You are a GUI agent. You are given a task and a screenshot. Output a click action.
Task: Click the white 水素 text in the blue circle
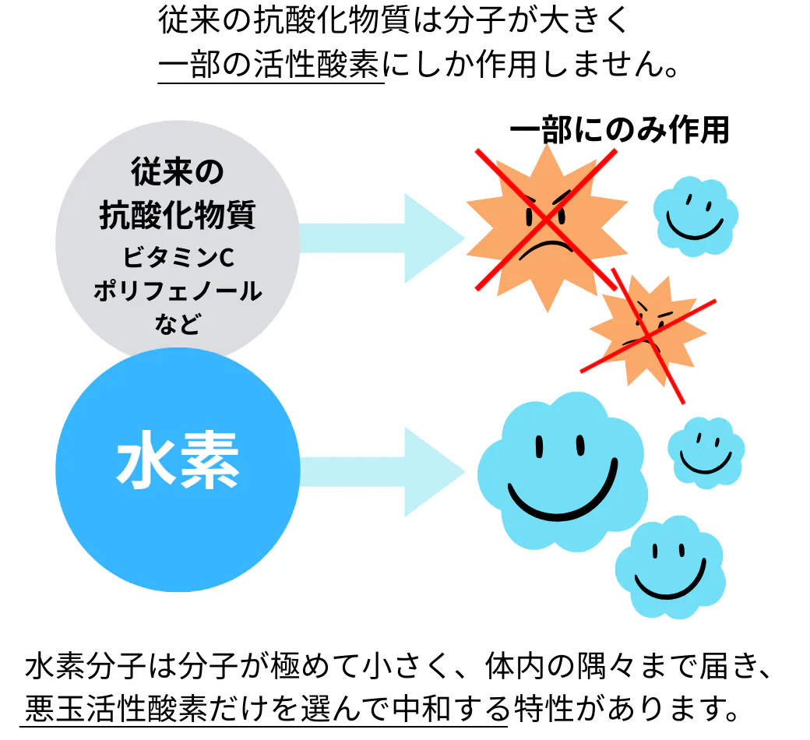(178, 460)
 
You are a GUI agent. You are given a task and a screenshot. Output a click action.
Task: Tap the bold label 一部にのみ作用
(619, 130)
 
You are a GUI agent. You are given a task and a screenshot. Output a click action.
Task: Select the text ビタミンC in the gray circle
(178, 257)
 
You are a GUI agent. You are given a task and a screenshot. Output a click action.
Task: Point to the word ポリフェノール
(178, 291)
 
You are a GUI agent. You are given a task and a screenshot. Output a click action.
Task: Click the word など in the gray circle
(178, 324)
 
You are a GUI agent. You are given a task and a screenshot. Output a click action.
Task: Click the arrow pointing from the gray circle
(382, 238)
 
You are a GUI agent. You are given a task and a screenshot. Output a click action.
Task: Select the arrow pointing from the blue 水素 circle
(382, 472)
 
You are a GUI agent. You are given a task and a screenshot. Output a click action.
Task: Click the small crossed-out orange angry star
(648, 332)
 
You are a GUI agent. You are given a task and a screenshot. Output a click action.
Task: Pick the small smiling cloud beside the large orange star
(696, 216)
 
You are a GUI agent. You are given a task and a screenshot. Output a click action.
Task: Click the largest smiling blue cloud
(562, 471)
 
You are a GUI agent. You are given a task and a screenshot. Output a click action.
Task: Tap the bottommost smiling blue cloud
(670, 566)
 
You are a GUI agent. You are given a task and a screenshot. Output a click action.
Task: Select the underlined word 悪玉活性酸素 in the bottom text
(114, 707)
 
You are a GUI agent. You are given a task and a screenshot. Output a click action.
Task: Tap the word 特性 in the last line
(544, 707)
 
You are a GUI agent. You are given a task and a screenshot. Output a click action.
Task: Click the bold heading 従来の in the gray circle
(178, 172)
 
